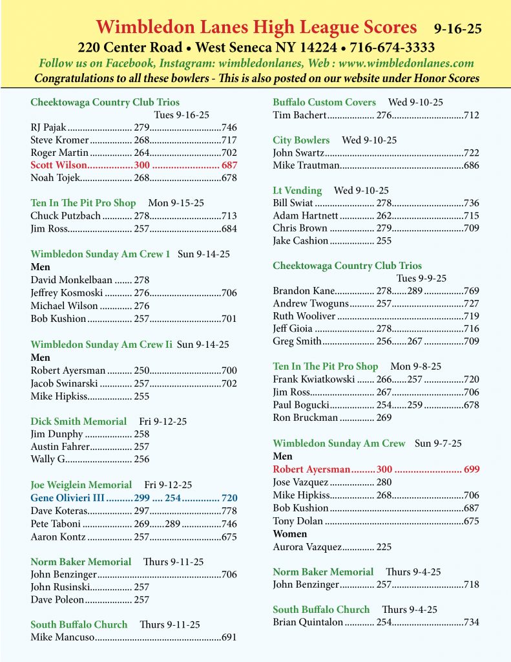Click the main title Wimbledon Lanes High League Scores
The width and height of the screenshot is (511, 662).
(x=256, y=27)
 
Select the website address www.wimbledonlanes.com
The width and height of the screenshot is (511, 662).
(x=405, y=63)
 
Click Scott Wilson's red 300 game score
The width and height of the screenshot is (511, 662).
(x=141, y=165)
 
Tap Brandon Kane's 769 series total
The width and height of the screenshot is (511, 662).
(x=471, y=291)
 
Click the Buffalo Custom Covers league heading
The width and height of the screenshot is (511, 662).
(x=324, y=102)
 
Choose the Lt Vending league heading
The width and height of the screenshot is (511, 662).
(x=297, y=190)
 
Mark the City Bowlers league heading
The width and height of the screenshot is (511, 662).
(x=301, y=140)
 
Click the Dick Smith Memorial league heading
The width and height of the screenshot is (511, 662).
(x=78, y=422)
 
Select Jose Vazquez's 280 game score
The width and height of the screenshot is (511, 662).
(x=384, y=482)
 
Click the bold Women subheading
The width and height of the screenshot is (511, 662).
(x=289, y=534)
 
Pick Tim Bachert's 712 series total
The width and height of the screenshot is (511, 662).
(x=471, y=115)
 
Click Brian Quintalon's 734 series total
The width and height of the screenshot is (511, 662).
(x=471, y=623)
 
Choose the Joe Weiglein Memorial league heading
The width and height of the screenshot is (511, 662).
(x=81, y=485)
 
